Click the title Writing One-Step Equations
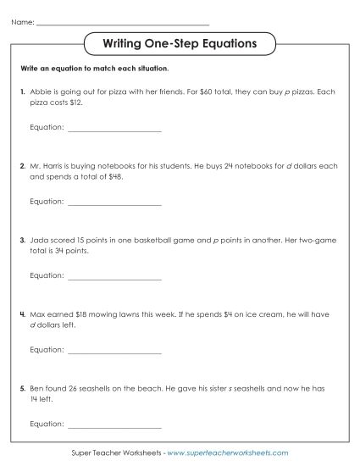180,42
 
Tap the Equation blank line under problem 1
114,130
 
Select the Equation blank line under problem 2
114,204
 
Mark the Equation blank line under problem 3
114,276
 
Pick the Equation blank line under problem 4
114,350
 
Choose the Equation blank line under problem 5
114,423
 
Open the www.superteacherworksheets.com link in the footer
228,454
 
